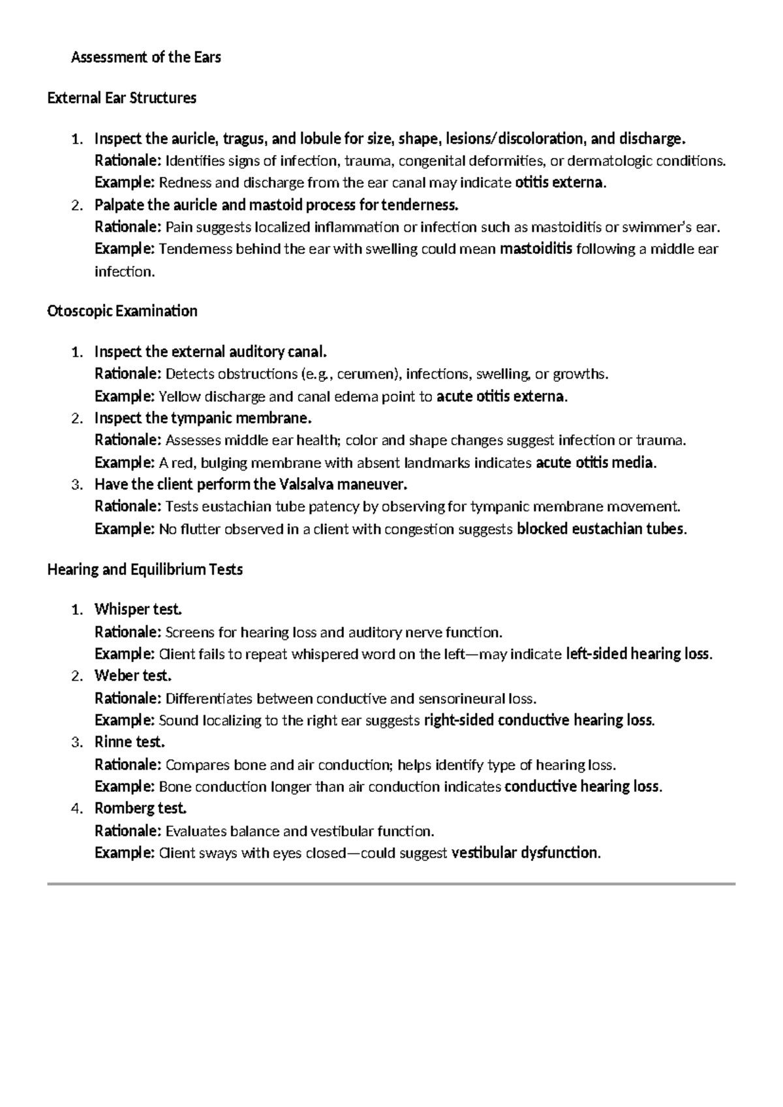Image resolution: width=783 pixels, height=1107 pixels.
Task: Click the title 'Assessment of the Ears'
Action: click(x=146, y=57)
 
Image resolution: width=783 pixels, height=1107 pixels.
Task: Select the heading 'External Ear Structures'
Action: click(x=121, y=99)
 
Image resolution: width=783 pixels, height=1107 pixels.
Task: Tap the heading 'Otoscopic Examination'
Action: click(x=122, y=311)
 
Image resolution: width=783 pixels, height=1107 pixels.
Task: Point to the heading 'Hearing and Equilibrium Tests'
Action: click(x=145, y=570)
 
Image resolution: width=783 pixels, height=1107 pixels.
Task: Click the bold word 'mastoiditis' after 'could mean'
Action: click(x=536, y=249)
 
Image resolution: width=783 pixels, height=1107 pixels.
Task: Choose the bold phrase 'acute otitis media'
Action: click(x=594, y=463)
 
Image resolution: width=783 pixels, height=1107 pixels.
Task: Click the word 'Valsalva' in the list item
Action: click(x=306, y=484)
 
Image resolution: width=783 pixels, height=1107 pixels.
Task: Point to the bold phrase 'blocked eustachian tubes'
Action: click(x=600, y=529)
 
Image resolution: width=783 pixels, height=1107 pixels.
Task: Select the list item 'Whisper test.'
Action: click(x=138, y=610)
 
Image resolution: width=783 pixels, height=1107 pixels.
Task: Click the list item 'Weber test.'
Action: click(x=132, y=676)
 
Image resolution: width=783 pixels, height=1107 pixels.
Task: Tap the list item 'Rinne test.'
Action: click(x=129, y=742)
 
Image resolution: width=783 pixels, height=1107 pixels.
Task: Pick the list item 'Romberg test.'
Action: click(x=140, y=809)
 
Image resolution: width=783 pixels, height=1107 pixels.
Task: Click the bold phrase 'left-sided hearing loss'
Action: click(x=638, y=654)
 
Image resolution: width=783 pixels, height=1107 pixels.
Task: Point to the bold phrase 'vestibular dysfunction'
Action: click(x=524, y=853)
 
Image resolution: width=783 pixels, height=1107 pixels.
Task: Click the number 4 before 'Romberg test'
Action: click(x=76, y=809)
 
